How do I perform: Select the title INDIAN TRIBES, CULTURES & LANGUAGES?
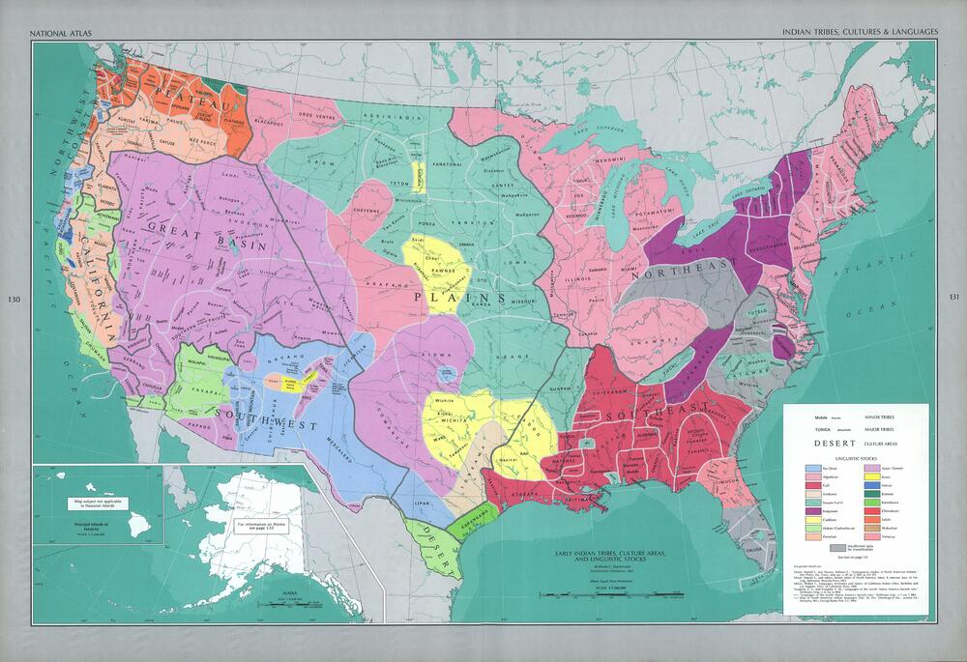pos(861,32)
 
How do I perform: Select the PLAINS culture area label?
pos(449,297)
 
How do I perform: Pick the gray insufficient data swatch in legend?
pos(810,547)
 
